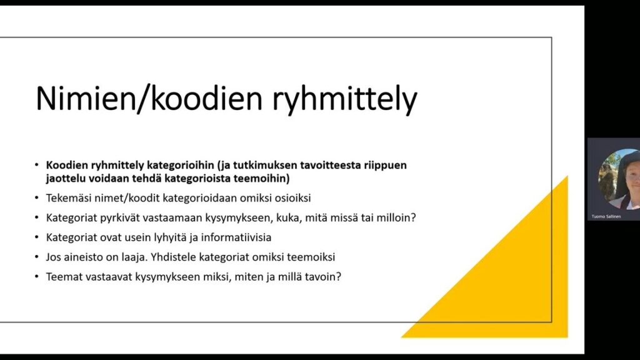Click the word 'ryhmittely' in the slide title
[344, 99]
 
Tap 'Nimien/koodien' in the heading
[149, 98]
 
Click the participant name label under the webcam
[606, 216]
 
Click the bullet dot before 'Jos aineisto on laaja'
[37, 257]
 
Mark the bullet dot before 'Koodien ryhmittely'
[37, 165]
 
